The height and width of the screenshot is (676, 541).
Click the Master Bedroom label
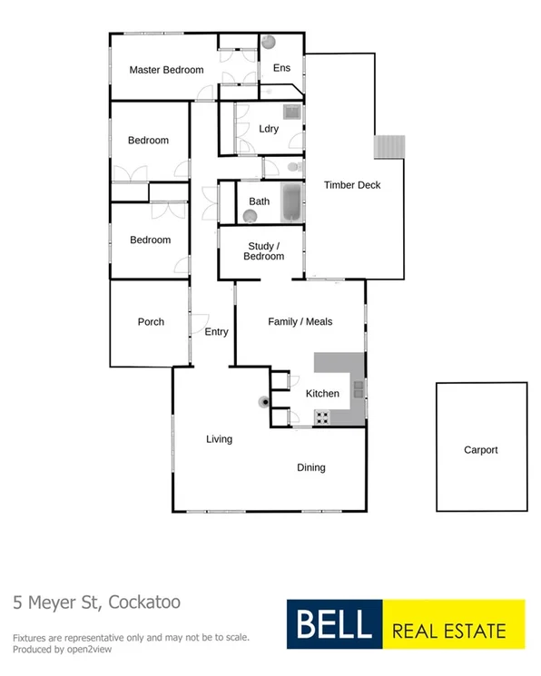tap(166, 70)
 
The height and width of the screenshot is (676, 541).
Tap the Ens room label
tap(281, 67)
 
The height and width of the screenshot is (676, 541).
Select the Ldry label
tap(269, 129)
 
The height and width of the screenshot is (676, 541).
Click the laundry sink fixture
tap(292, 113)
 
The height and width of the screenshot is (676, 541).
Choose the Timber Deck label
tap(352, 185)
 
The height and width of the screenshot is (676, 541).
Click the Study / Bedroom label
tap(263, 251)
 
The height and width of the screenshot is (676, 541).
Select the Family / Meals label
tap(300, 321)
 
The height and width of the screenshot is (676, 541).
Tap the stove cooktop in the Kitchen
tap(322, 416)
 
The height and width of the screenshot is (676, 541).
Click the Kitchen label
tap(322, 394)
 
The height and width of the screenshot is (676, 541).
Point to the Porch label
tap(151, 321)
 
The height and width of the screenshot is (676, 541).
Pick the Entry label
tap(216, 332)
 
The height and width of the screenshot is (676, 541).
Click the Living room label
tap(219, 439)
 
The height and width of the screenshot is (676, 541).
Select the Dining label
tap(311, 468)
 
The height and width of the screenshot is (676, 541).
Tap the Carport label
tap(481, 450)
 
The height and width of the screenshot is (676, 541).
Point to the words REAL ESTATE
tap(457, 626)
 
